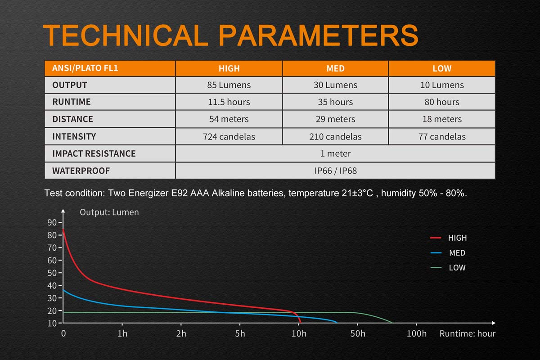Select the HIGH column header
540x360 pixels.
pos(229,68)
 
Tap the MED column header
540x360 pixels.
pos(335,68)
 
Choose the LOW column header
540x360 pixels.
pos(441,68)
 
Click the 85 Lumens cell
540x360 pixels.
pos(229,85)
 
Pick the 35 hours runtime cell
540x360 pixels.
pos(335,102)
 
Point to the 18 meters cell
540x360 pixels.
pos(441,119)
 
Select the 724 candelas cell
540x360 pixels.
pos(229,136)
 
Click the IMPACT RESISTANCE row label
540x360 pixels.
pos(94,153)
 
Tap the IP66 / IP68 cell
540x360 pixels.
pos(335,171)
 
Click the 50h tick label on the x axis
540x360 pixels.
pos(358,333)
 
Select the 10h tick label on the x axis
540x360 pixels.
pos(299,333)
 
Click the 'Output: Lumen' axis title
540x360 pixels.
pos(109,212)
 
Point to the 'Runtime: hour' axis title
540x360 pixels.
pos(468,333)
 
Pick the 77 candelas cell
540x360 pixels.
pos(441,136)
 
